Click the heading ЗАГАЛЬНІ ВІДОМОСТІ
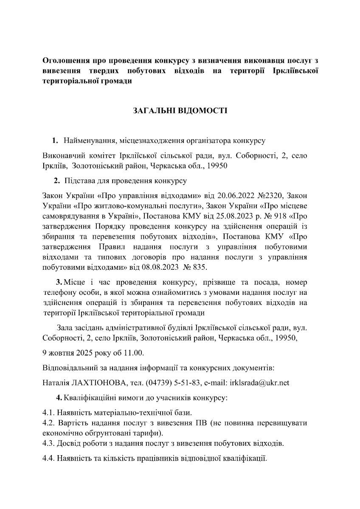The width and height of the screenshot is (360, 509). [x=180, y=111]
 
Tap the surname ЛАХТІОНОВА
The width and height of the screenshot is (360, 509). [x=99, y=383]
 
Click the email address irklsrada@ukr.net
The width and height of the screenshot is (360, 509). [x=259, y=383]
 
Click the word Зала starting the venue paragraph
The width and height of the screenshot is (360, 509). [x=65, y=328]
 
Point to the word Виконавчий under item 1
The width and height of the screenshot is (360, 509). [x=64, y=156]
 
